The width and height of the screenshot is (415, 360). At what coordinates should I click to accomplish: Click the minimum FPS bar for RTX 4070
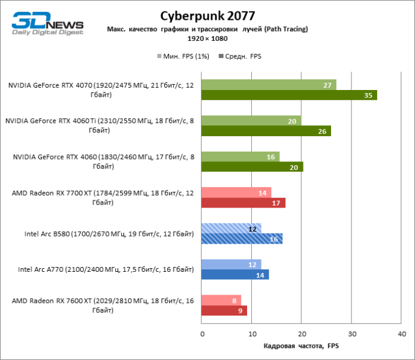click(269, 85)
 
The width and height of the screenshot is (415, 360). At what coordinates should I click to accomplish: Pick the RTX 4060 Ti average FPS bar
click(266, 131)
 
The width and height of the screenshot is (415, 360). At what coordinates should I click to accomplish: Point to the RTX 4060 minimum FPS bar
click(240, 157)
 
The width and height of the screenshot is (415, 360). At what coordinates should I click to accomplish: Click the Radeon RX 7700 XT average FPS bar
click(243, 203)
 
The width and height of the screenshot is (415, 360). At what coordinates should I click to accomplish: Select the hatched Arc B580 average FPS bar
click(242, 239)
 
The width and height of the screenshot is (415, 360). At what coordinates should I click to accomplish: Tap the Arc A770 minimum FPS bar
click(231, 265)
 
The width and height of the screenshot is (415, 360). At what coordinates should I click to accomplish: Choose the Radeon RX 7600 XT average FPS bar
click(224, 311)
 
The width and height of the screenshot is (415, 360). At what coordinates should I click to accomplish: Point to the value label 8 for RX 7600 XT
click(233, 301)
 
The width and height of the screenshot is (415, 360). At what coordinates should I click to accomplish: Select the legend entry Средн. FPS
click(243, 56)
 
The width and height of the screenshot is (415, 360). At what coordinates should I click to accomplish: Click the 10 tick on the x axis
click(252, 333)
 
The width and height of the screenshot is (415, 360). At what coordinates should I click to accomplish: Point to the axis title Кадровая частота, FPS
click(302, 346)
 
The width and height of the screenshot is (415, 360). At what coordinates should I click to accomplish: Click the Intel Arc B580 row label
click(109, 234)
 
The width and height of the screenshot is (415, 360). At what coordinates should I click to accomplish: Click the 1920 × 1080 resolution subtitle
click(207, 38)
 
